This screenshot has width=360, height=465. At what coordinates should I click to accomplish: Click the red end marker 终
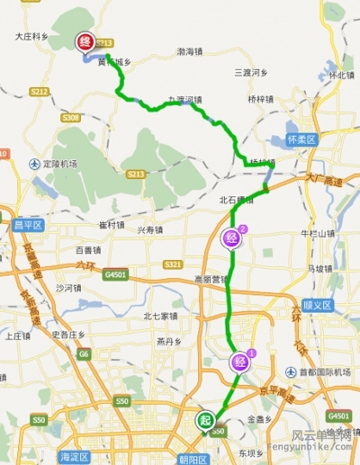pyautogui.click(x=84, y=42)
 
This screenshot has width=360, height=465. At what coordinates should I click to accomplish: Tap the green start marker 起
pyautogui.click(x=205, y=420)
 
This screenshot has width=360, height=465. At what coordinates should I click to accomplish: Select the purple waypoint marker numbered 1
pyautogui.click(x=237, y=362)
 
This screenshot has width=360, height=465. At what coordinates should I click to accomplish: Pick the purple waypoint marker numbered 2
pyautogui.click(x=231, y=238)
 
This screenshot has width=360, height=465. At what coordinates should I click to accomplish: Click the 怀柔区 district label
pyautogui.click(x=301, y=139)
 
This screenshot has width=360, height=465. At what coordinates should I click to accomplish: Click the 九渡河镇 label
pyautogui.click(x=184, y=99)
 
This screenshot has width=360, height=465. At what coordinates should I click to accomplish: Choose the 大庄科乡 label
pyautogui.click(x=32, y=37)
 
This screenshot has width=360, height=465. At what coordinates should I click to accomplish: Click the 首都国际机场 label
pyautogui.click(x=323, y=372)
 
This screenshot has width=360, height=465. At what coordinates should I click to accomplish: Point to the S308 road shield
pyautogui.click(x=71, y=117)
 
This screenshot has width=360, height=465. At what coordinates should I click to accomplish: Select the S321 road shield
pyautogui.click(x=172, y=263)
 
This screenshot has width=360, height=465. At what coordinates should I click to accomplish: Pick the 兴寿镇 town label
pyautogui.click(x=149, y=230)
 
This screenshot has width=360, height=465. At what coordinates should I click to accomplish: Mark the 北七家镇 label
pyautogui.click(x=159, y=316)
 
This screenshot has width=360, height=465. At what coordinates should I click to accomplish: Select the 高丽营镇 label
pyautogui.click(x=210, y=279)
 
